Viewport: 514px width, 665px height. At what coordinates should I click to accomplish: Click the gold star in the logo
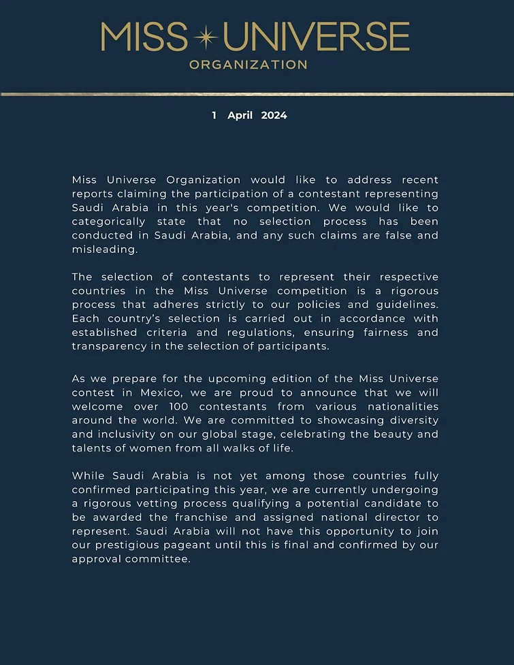coord(205,37)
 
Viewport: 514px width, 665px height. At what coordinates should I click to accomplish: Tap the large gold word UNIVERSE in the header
coord(316,37)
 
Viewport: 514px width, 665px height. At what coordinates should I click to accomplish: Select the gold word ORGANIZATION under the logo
coord(248,65)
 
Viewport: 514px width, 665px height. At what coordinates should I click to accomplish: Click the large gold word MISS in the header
coord(144,37)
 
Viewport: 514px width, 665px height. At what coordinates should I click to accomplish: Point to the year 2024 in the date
coord(274,116)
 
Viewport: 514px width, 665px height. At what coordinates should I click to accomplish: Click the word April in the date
coord(240,116)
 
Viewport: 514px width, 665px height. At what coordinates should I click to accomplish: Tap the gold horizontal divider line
coord(257,94)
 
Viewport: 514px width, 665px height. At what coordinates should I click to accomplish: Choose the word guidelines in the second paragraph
coord(406,305)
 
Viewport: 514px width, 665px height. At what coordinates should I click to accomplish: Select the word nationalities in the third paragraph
coord(400,406)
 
